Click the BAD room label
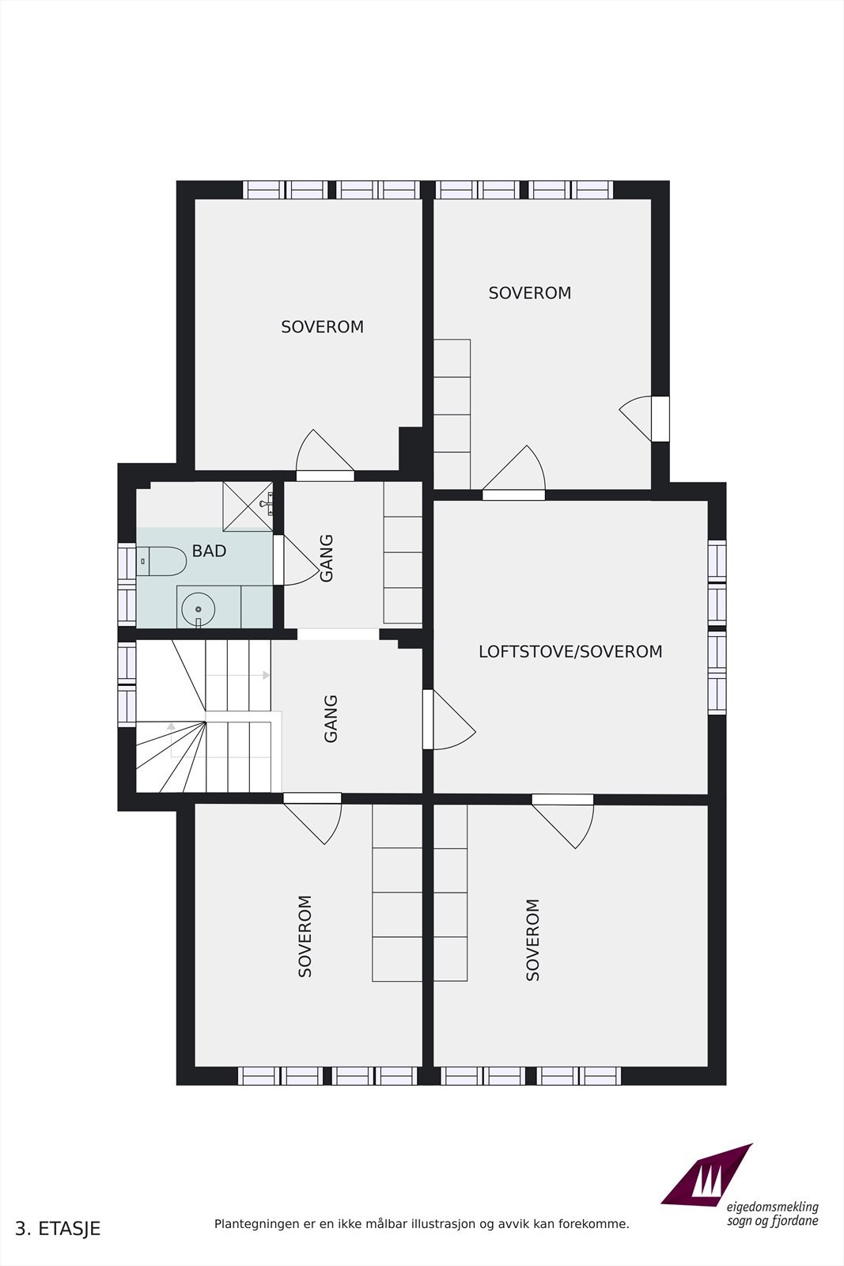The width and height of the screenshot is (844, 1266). (209, 552)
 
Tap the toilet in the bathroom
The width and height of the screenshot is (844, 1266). (161, 561)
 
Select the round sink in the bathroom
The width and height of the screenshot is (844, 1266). (198, 609)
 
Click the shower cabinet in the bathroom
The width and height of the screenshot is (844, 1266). (248, 506)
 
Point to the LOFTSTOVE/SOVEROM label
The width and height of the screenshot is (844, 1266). (570, 652)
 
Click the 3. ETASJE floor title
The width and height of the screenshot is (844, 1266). (58, 1229)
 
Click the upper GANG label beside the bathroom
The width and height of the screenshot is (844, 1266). (327, 558)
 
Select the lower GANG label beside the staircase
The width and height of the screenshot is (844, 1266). (331, 718)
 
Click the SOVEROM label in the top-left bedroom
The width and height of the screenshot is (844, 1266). (322, 327)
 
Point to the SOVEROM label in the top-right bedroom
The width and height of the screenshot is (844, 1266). (529, 294)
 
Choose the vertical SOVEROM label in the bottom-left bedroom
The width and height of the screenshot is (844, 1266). (305, 936)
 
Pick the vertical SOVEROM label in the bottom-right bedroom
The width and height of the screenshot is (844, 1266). (533, 940)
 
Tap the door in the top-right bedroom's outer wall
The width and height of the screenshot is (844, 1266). (639, 419)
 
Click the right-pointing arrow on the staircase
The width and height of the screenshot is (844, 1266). (267, 675)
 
